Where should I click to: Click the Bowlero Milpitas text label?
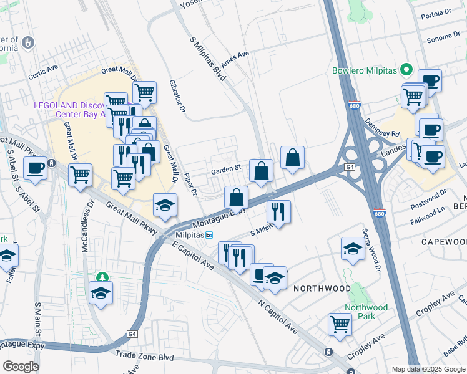pos(365,70)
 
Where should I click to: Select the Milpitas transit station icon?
pos(210,235)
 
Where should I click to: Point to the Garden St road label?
pos(225,168)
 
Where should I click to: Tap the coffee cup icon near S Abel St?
pos(35,168)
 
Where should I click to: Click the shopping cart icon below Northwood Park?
pos(340,324)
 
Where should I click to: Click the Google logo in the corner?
pos(20,367)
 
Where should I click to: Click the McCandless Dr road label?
pos(87,226)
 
